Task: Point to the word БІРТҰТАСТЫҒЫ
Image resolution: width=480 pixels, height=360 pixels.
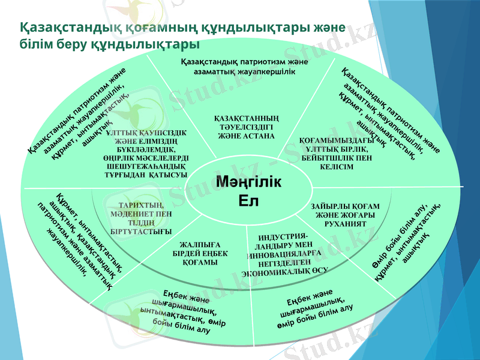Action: click(141, 230)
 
